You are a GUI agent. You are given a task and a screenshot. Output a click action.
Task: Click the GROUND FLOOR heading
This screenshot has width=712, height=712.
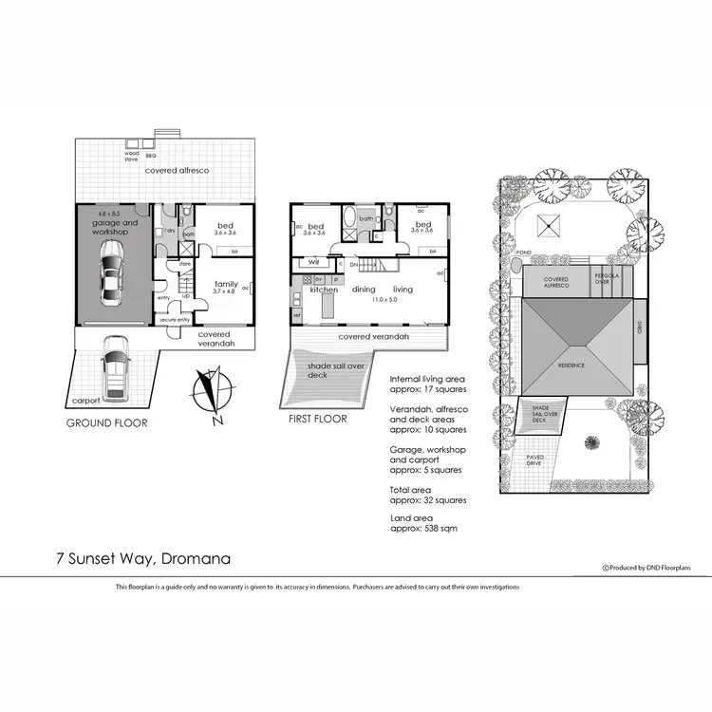[x=106, y=423]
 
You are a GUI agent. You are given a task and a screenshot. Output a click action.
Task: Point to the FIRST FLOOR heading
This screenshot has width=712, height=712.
[x=318, y=419]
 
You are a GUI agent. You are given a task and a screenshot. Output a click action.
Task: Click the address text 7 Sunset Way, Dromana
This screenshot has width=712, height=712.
[x=142, y=559]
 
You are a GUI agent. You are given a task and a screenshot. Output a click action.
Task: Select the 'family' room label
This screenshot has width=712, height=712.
[x=225, y=284]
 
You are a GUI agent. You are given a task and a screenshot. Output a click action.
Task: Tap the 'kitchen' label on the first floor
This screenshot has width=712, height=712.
[x=324, y=290]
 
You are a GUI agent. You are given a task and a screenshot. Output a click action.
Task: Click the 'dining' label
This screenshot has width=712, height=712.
[x=365, y=290]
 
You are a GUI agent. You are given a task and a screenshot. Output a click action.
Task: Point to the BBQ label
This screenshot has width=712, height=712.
[x=149, y=152]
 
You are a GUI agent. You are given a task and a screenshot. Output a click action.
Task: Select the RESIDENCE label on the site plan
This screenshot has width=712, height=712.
[x=571, y=365]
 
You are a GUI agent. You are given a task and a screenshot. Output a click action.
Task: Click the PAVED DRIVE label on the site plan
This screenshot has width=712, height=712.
[x=535, y=460]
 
